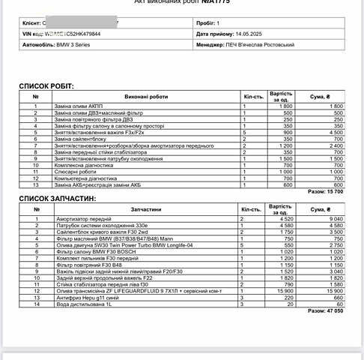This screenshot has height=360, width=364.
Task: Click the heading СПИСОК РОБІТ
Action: click(x=46, y=87)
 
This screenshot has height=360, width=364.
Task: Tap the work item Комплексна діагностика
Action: click(x=82, y=164)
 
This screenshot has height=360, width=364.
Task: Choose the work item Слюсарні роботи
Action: click(x=74, y=171)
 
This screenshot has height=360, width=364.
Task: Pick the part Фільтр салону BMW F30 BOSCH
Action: click(x=94, y=251)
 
